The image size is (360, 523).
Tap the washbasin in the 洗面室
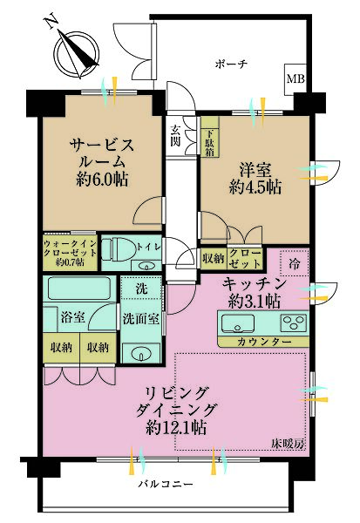(x=139, y=351)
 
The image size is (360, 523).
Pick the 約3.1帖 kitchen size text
(x=251, y=302)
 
